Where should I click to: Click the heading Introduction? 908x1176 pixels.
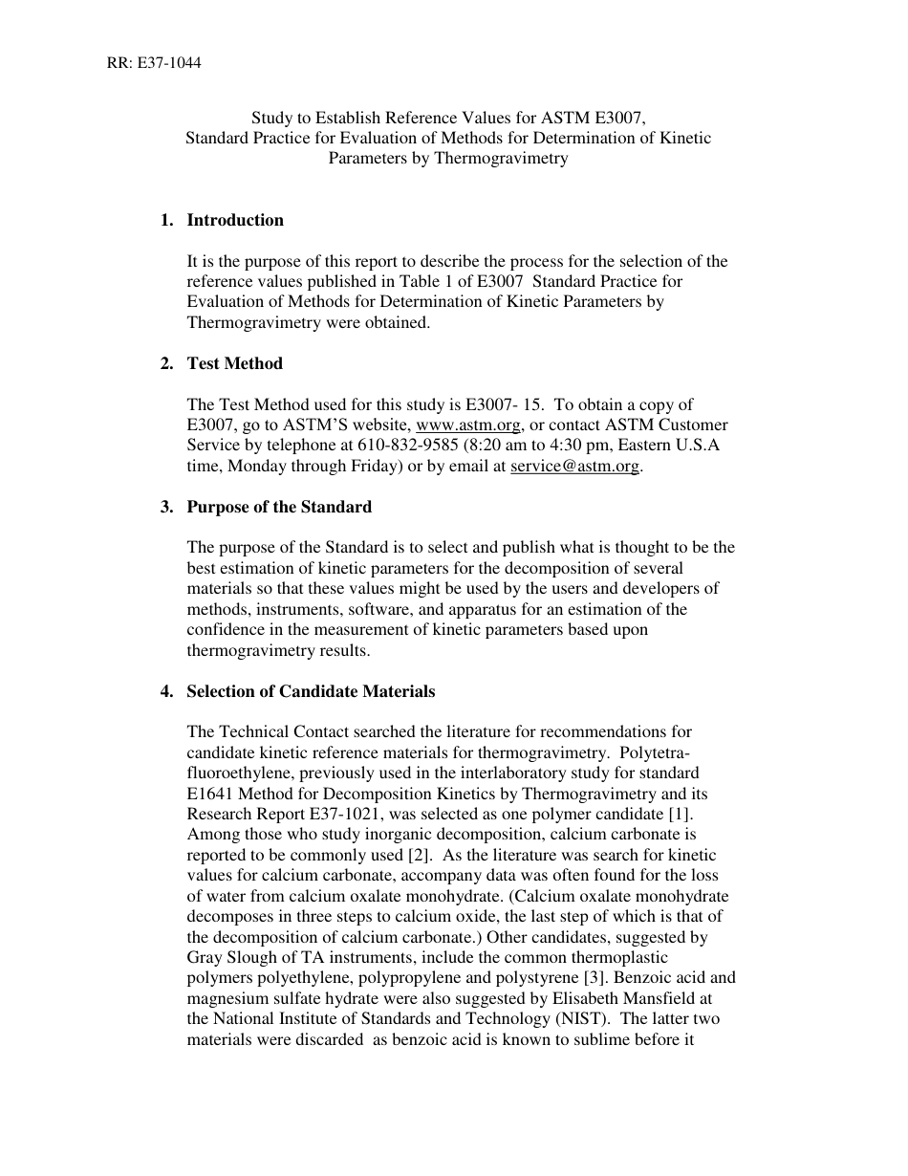[235, 220]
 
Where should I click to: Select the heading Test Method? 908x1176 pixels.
[235, 363]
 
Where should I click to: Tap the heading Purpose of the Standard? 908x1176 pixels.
[279, 507]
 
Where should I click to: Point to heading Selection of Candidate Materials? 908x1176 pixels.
[311, 691]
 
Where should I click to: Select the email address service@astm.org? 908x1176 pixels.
[575, 467]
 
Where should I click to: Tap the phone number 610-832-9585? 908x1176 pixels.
[408, 446]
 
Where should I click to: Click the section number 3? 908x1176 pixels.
[167, 507]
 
